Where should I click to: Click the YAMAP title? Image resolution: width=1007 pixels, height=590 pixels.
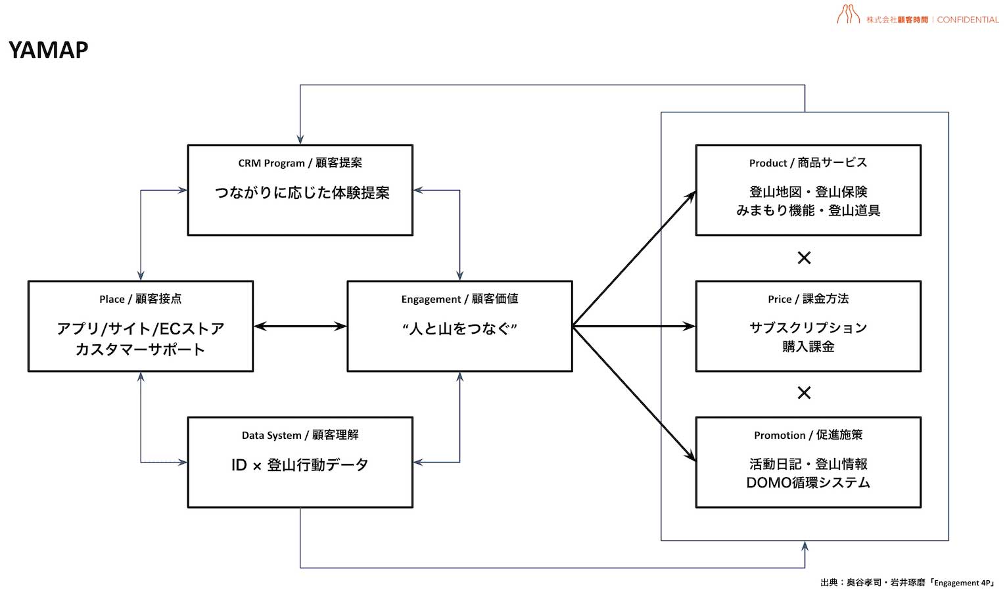coord(49,50)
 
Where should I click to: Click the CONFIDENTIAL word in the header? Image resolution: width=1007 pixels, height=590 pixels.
coord(967,20)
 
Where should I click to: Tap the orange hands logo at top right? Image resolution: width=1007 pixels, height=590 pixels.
coord(848,14)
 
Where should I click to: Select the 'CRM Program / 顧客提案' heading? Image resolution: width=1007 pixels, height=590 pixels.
coord(300,163)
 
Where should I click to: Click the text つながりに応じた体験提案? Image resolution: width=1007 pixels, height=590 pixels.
coord(302,193)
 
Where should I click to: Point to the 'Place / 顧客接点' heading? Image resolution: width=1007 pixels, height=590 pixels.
coord(140,299)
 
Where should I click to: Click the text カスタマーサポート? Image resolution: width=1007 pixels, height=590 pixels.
coord(140,349)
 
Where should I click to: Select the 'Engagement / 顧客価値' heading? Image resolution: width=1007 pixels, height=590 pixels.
coord(459,299)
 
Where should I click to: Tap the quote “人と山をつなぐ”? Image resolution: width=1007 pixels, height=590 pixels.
coord(459,329)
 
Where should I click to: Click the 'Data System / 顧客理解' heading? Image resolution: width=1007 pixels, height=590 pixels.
coord(300,435)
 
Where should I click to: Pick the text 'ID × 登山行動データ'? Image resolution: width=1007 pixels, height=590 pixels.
coord(300,465)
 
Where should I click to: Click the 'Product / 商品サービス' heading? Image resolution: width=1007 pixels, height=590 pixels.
coord(808,163)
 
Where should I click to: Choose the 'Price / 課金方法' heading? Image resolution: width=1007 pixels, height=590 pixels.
coord(808,299)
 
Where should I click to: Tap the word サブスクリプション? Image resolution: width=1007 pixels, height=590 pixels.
coord(808,327)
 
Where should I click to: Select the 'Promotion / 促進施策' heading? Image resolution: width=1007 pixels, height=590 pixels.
coord(808,435)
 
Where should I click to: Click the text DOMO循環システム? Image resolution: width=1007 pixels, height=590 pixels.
coord(808,483)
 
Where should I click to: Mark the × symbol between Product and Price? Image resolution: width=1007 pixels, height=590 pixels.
coord(804,258)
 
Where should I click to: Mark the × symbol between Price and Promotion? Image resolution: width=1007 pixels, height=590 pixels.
coord(804,393)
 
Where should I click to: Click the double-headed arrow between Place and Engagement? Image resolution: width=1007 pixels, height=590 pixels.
coord(300,326)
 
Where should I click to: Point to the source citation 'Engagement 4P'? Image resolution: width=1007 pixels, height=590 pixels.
coord(963,583)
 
